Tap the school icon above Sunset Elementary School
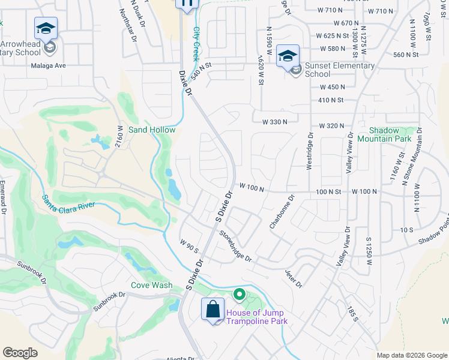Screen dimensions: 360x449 pyautogui.click(x=288, y=56)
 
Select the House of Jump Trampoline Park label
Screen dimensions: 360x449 pyautogui.click(x=256, y=317)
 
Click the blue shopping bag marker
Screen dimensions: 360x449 pyautogui.click(x=213, y=310)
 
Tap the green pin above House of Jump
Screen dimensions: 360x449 pyautogui.click(x=239, y=294)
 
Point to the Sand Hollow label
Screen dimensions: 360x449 pyautogui.click(x=152, y=130)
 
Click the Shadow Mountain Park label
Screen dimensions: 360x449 pyautogui.click(x=384, y=134)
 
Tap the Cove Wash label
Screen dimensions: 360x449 pyautogui.click(x=152, y=286)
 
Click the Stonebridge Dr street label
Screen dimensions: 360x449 pyautogui.click(x=235, y=246)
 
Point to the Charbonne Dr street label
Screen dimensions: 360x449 pyautogui.click(x=282, y=211)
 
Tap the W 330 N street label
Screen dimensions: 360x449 pyautogui.click(x=274, y=122)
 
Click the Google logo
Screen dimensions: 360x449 pyautogui.click(x=21, y=353)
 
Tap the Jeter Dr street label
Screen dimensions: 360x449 pyautogui.click(x=293, y=278)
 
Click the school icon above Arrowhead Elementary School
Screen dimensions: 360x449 pyautogui.click(x=46, y=28)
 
